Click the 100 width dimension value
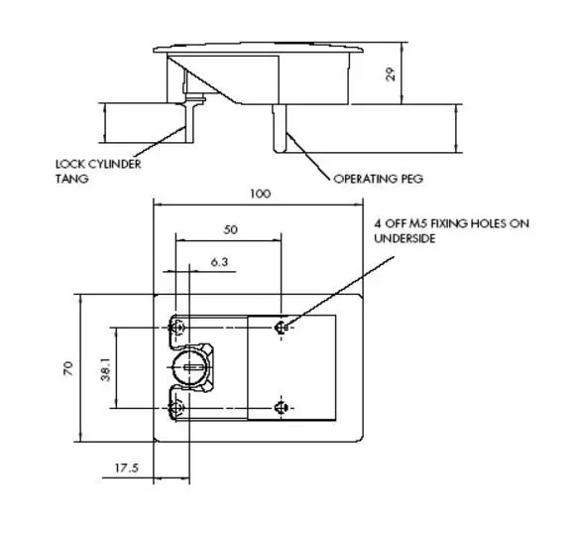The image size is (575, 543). pos(261,194)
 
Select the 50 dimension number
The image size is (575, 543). pos(230,230)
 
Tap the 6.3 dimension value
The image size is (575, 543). pos(219,262)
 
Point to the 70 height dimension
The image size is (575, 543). pos(68,368)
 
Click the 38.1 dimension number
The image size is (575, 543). pos(106,369)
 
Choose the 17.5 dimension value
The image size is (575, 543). pos(127,469)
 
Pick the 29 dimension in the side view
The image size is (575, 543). pos(392,74)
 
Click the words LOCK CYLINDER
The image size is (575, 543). pos(98,164)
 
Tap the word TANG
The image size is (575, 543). pos(72,179)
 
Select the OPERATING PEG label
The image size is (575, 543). pos(379,179)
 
